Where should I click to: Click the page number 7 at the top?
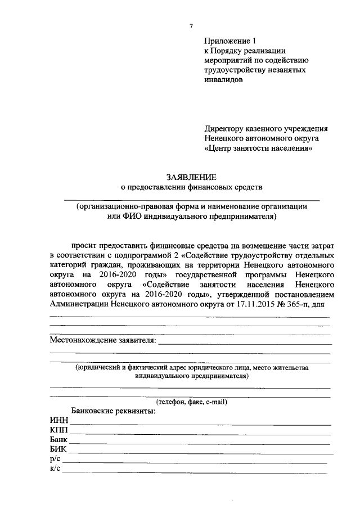191,26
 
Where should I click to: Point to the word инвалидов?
223,80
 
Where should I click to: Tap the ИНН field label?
58,421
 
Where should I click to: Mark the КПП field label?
58,430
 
